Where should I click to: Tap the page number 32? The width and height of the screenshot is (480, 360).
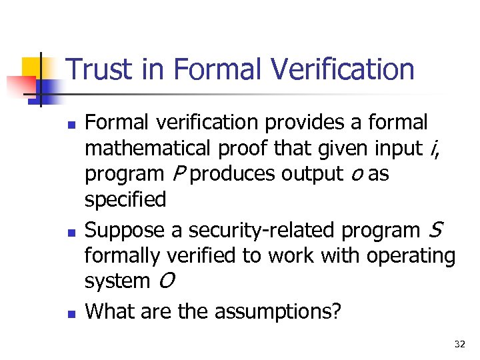click(459, 344)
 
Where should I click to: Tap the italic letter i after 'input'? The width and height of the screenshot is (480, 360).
click(435, 148)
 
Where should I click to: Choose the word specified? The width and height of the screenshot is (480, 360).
click(125, 199)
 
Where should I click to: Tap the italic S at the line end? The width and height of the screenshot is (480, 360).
click(434, 230)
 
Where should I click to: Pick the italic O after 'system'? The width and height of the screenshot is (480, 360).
click(167, 281)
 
